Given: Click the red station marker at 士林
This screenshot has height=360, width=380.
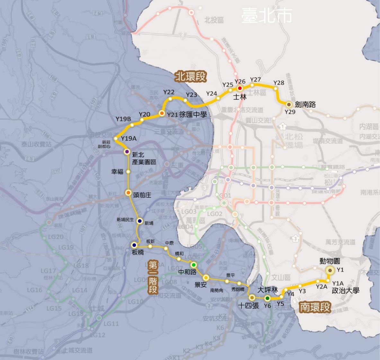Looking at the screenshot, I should point(240,88).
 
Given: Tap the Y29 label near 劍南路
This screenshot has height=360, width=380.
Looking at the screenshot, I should point(290,112).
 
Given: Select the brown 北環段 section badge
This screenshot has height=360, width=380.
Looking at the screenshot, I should point(190,76).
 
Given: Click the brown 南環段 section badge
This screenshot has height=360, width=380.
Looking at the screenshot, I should point(315,307).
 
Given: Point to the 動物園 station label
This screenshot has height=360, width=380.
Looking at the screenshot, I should point(330,261).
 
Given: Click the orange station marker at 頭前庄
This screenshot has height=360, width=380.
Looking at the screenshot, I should point(128,193).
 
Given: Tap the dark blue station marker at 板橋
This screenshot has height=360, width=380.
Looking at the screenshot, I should point(134,245).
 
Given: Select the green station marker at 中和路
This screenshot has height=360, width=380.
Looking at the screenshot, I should point(194,265).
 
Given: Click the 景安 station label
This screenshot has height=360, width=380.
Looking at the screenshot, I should point(201,285).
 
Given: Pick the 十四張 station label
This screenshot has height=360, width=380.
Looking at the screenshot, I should point(249,306).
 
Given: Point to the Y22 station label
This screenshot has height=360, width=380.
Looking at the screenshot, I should point(169,92).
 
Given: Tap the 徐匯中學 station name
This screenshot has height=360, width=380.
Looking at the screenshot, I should point(193,115).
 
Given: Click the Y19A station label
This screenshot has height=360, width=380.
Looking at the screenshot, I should point(129,138).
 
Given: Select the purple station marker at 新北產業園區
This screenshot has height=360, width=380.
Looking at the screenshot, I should point(128,152).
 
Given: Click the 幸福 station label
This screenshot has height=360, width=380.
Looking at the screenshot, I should point(117,172).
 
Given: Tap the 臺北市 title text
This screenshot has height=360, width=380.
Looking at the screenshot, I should point(267,15).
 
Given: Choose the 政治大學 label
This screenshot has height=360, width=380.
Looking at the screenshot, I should point(346,291).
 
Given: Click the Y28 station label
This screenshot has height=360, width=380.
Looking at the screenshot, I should point(279,83).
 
